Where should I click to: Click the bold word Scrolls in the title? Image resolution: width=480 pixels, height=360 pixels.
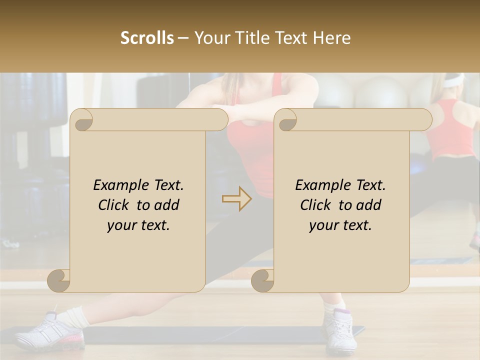[x=147, y=37]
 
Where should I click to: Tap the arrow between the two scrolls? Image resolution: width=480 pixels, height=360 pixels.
[x=237, y=199]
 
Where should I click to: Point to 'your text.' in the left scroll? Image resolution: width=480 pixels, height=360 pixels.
[x=138, y=225]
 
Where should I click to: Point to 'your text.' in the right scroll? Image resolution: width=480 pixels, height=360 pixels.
[x=340, y=225]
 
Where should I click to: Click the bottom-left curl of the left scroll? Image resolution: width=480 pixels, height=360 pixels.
[x=59, y=280]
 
